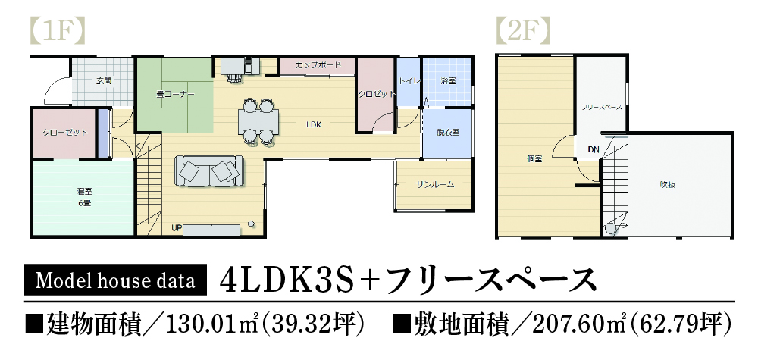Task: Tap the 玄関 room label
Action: pos(104,80)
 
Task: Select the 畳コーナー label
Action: pos(175,95)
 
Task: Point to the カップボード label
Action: pos(318,66)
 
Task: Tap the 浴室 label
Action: pos(448,80)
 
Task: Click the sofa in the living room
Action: pos(208,171)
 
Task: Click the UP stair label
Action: pos(177,227)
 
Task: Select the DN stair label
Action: pos(593,149)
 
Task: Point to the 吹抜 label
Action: pos(667,184)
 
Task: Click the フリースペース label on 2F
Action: pos(602,108)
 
